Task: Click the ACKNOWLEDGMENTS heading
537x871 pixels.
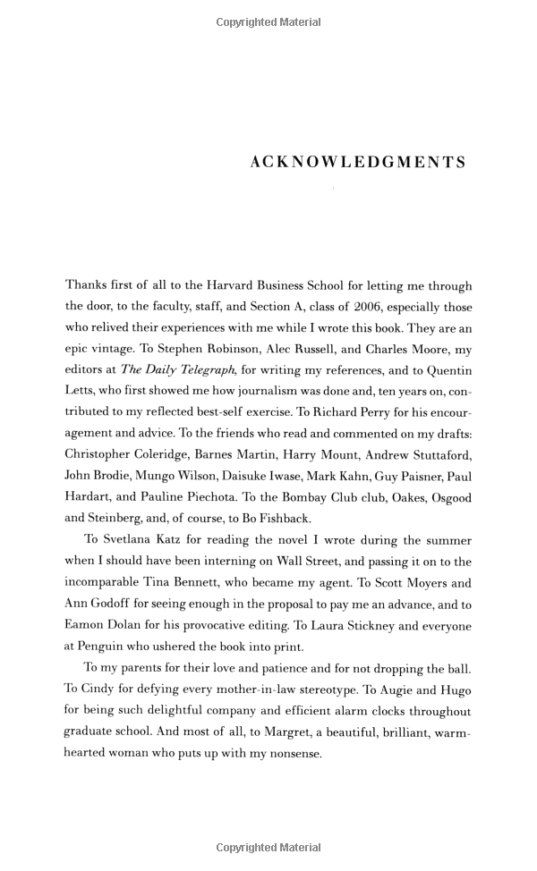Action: pyautogui.click(x=358, y=163)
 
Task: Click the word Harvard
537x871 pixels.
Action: pyautogui.click(x=235, y=285)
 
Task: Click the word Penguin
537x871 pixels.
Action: pyautogui.click(x=110, y=645)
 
